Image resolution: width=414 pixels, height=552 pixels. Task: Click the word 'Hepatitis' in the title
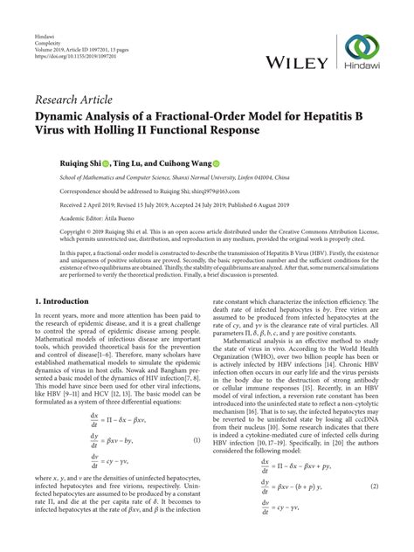(x=319, y=115)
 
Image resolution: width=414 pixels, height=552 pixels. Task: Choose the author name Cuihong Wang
(x=166, y=162)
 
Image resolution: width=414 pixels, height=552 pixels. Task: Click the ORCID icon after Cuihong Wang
(x=194, y=162)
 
